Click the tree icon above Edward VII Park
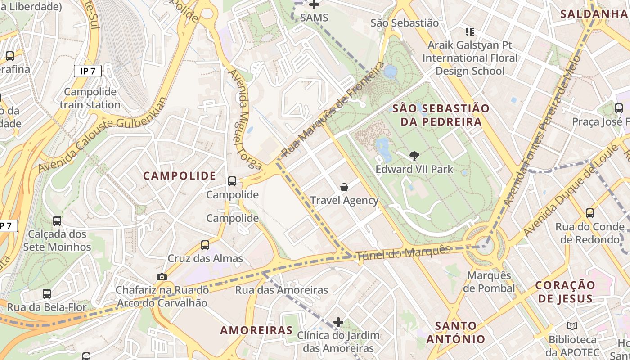pyautogui.click(x=414, y=156)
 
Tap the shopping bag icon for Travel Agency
pyautogui.click(x=344, y=187)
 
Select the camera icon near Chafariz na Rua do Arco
pyautogui.click(x=162, y=277)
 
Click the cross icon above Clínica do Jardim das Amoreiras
pyautogui.click(x=338, y=322)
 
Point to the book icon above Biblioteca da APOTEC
pyautogui.click(x=572, y=326)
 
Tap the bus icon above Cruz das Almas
pyautogui.click(x=205, y=245)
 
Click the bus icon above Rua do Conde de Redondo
pyautogui.click(x=589, y=213)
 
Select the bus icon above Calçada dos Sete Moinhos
pyautogui.click(x=57, y=221)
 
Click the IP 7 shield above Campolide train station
pyautogui.click(x=88, y=71)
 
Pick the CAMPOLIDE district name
pyautogui.click(x=180, y=176)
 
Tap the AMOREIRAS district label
pyautogui.click(x=256, y=330)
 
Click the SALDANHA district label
pyautogui.click(x=594, y=14)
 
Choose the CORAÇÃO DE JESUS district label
pyautogui.click(x=565, y=292)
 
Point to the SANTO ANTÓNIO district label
pyautogui.click(x=456, y=332)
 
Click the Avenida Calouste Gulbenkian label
pyautogui.click(x=103, y=135)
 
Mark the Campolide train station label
pyautogui.click(x=90, y=98)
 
